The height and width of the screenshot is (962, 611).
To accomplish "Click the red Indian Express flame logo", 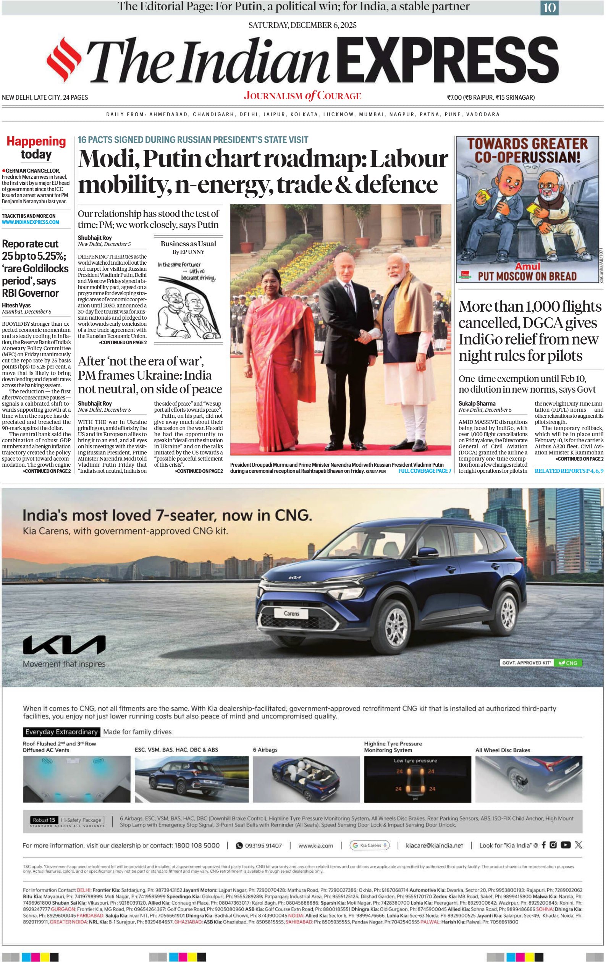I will point(64,61).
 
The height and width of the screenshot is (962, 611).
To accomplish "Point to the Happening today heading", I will point(36,147).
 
